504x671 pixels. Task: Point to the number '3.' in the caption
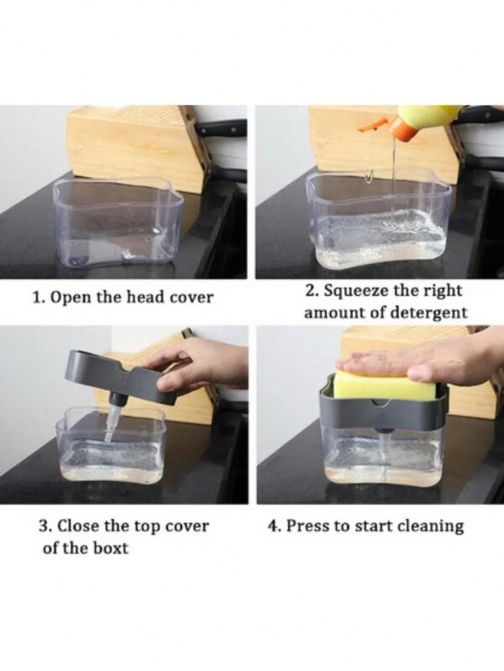tap(45, 525)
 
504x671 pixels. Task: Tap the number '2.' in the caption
tap(312, 291)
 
